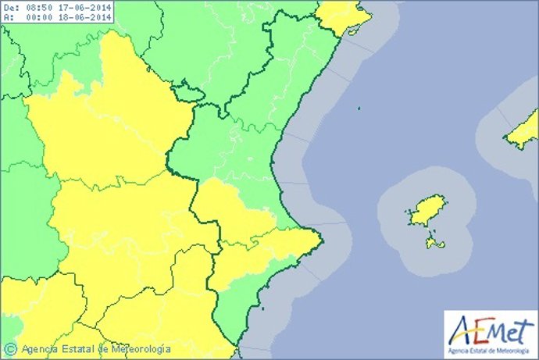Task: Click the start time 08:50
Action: pyautogui.click(x=37, y=8)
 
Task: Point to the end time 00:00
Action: pyautogui.click(x=37, y=18)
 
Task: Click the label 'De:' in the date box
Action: pyautogui.click(x=10, y=8)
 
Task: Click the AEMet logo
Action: pyautogui.click(x=488, y=329)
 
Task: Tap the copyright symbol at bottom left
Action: pyautogui.click(x=10, y=348)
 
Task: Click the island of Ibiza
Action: pyautogui.click(x=426, y=210)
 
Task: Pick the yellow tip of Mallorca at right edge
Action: pyautogui.click(x=523, y=131)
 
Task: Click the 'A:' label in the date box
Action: pyautogui.click(x=8, y=18)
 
